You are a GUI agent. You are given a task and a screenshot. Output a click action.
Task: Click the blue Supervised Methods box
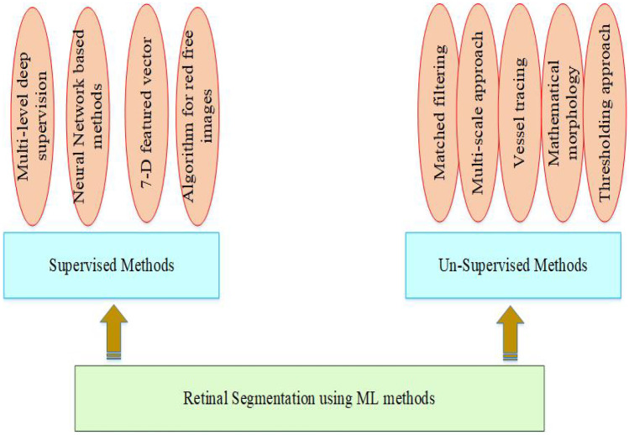click(x=112, y=265)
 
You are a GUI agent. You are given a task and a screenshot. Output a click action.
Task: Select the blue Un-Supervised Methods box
click(x=512, y=265)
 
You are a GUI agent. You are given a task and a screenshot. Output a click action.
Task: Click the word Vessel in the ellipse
click(x=521, y=144)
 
